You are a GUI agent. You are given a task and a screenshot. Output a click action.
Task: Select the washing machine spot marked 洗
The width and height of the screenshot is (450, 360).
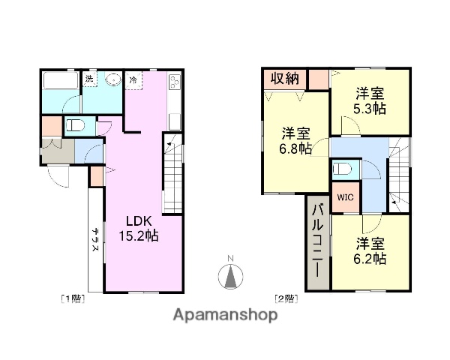point(89,78)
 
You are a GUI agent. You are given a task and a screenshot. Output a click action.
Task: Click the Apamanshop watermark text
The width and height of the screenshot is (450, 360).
point(226,316)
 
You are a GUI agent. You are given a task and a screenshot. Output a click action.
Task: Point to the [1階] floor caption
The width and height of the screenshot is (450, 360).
point(72,299)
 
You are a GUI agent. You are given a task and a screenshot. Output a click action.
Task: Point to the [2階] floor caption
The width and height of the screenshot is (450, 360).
point(286,299)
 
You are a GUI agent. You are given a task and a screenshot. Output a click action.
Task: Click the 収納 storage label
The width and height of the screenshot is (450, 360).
point(284,78)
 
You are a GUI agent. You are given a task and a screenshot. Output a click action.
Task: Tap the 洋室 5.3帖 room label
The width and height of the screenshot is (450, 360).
point(370,100)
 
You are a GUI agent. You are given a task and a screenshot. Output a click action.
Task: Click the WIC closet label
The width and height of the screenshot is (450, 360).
point(344,197)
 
